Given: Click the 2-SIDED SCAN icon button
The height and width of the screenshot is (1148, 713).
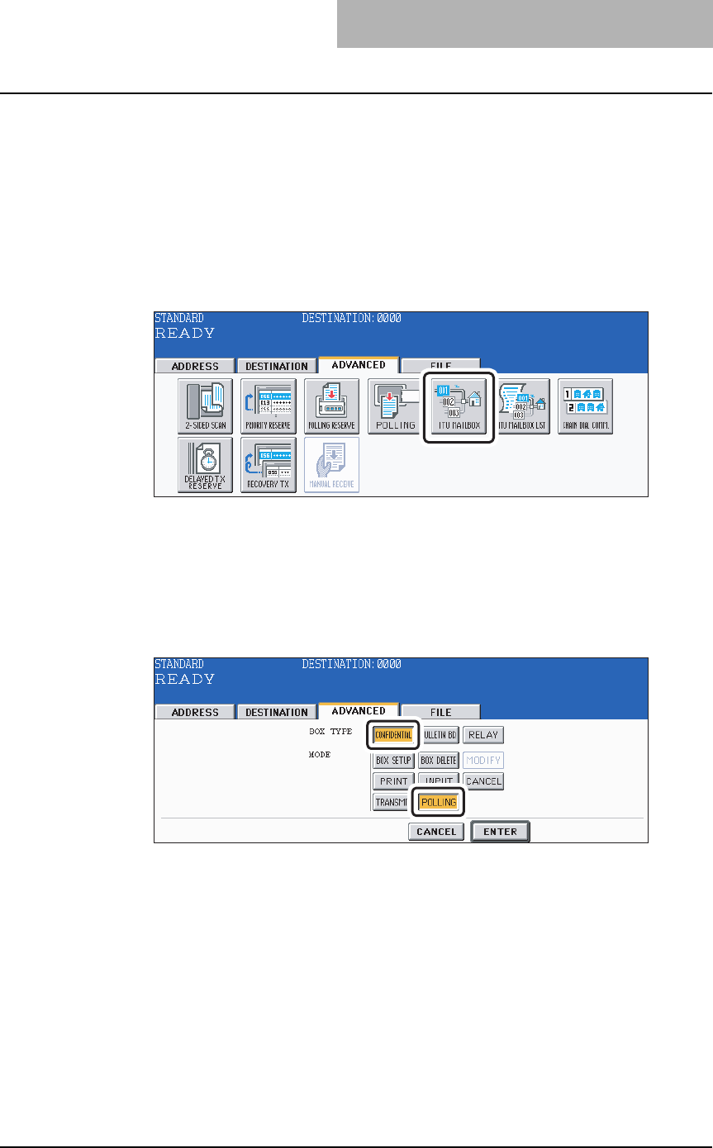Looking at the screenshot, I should [x=205, y=406].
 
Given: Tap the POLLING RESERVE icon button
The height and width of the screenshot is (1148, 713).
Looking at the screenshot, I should [x=331, y=406].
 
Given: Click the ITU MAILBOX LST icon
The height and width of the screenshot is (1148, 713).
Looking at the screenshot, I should [x=521, y=406].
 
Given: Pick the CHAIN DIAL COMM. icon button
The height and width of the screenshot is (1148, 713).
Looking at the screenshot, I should [x=584, y=406].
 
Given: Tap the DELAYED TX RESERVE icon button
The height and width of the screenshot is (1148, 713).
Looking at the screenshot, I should [x=205, y=465].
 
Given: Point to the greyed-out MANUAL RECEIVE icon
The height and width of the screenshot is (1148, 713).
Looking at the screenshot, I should [x=331, y=465].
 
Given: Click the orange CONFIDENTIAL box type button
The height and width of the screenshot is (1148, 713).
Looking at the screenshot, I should [x=393, y=735].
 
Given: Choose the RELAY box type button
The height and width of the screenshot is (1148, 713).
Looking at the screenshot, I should [x=483, y=735].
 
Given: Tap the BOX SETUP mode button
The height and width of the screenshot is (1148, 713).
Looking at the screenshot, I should [x=393, y=760].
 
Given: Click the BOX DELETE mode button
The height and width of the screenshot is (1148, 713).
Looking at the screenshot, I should [x=439, y=760].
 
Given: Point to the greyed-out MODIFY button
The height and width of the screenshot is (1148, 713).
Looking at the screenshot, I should [x=483, y=760].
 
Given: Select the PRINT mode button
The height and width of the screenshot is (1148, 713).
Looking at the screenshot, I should [x=393, y=780].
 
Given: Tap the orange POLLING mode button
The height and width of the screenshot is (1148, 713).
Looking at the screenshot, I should [x=439, y=802].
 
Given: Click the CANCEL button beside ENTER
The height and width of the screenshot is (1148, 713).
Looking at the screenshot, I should [x=436, y=832].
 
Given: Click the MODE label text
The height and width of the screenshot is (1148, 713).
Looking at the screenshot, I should [x=320, y=754].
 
